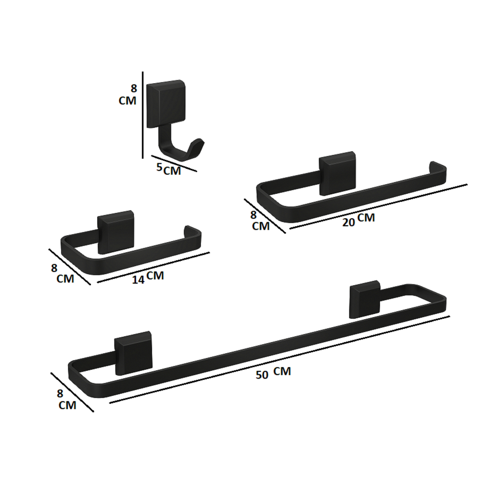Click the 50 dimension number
(262, 375)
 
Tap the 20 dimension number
(348, 222)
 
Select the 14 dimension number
(138, 279)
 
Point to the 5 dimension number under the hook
(159, 167)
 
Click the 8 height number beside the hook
(134, 89)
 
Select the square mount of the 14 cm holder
(116, 232)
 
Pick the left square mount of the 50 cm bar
(134, 353)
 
